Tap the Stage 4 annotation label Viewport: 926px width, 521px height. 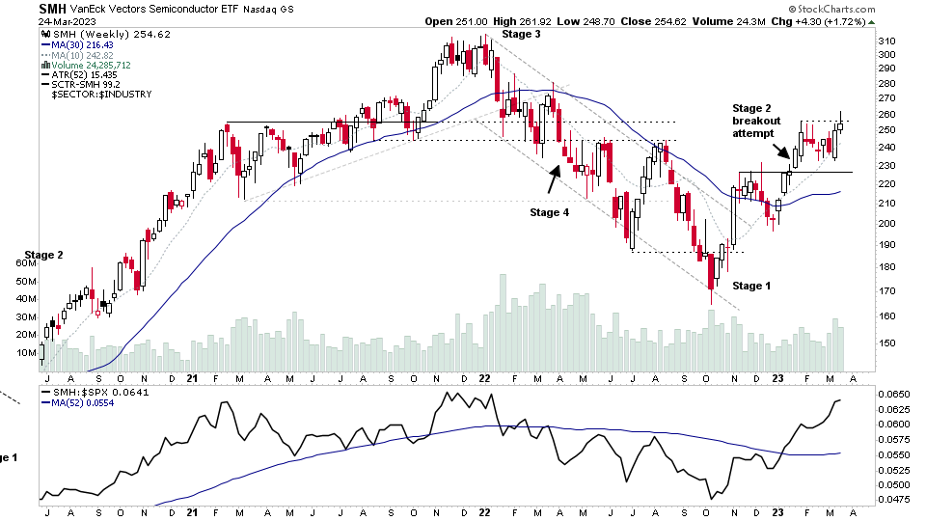point(549,211)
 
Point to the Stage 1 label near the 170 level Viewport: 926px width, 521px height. point(752,286)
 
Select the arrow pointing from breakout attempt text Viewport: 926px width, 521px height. point(779,151)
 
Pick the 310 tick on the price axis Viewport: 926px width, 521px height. point(887,41)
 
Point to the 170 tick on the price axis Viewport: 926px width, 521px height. point(887,290)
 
